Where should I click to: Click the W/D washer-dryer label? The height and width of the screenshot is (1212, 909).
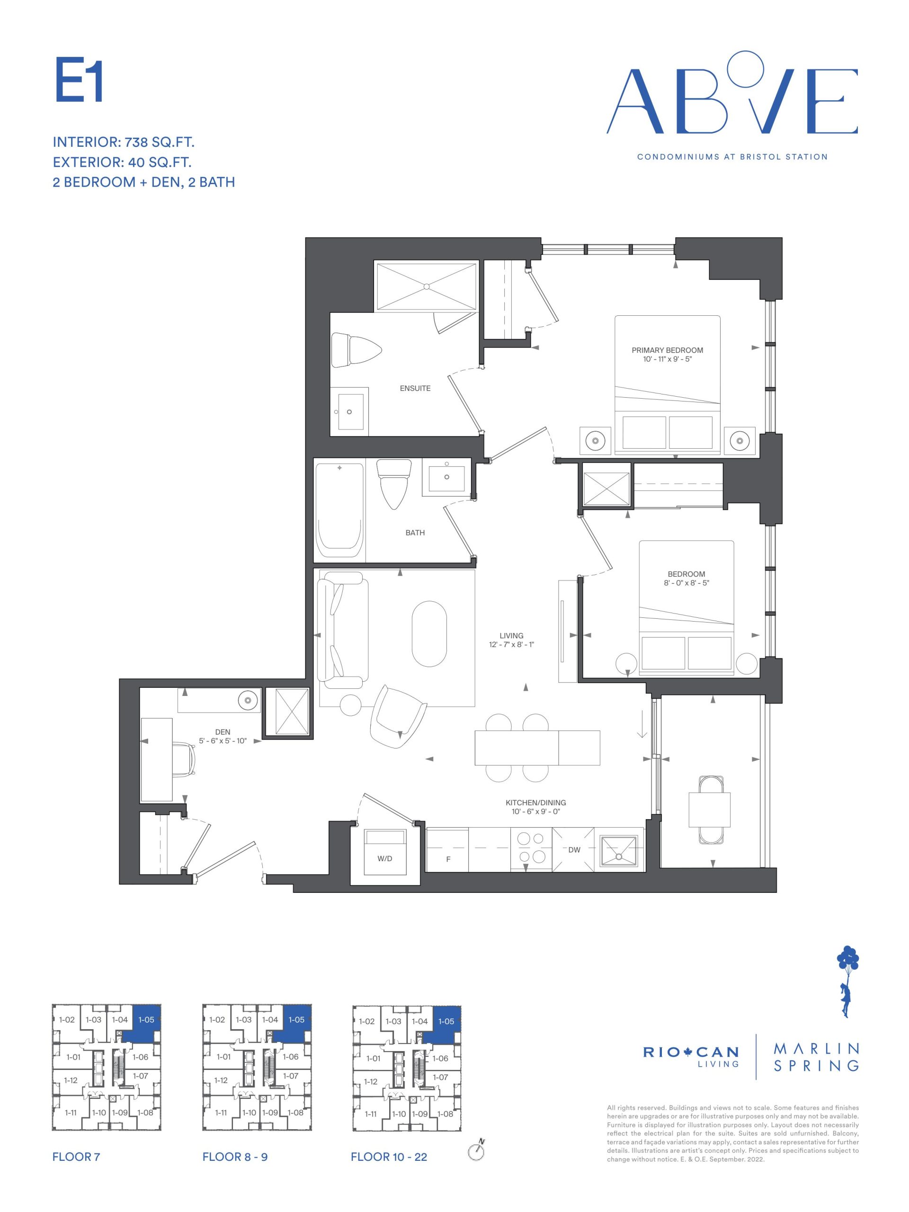(384, 859)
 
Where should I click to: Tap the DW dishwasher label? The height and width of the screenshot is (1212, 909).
(574, 850)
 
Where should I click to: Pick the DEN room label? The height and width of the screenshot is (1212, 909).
(223, 732)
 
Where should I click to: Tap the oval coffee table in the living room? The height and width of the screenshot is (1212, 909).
(429, 634)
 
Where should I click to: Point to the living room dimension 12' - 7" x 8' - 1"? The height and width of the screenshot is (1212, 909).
(511, 644)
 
